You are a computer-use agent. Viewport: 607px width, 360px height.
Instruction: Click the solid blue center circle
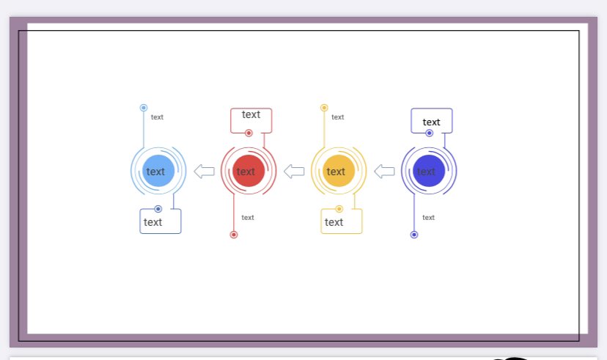[x=158, y=171]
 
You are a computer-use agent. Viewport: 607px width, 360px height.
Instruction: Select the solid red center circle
[x=249, y=171]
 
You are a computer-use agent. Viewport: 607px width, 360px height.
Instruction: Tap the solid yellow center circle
[x=339, y=171]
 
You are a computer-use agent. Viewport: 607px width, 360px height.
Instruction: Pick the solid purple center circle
[x=429, y=171]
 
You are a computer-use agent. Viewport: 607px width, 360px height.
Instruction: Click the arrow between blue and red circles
[x=204, y=172]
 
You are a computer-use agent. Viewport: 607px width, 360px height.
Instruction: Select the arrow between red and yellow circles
[x=294, y=172]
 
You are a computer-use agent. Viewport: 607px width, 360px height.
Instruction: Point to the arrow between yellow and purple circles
[x=384, y=172]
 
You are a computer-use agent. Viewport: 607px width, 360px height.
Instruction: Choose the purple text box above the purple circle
[x=431, y=120]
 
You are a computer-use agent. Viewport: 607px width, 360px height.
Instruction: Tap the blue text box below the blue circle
[x=161, y=221]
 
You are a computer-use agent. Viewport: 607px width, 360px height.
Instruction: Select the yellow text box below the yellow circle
[x=342, y=221]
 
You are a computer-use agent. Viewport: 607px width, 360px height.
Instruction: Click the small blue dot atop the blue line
[x=144, y=108]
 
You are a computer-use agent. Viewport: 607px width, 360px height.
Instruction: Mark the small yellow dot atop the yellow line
[x=324, y=108]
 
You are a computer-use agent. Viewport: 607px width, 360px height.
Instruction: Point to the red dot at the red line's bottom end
[x=234, y=235]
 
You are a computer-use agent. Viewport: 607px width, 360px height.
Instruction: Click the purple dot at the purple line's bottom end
[x=414, y=235]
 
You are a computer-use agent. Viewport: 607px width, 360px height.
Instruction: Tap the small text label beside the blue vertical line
[x=157, y=117]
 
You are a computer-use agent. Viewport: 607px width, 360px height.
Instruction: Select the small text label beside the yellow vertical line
[x=337, y=117]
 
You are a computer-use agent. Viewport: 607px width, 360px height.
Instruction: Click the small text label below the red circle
[x=248, y=218]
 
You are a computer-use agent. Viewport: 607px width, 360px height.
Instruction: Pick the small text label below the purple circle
[x=428, y=218]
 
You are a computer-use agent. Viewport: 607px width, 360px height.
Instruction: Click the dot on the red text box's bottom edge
[x=249, y=133]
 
